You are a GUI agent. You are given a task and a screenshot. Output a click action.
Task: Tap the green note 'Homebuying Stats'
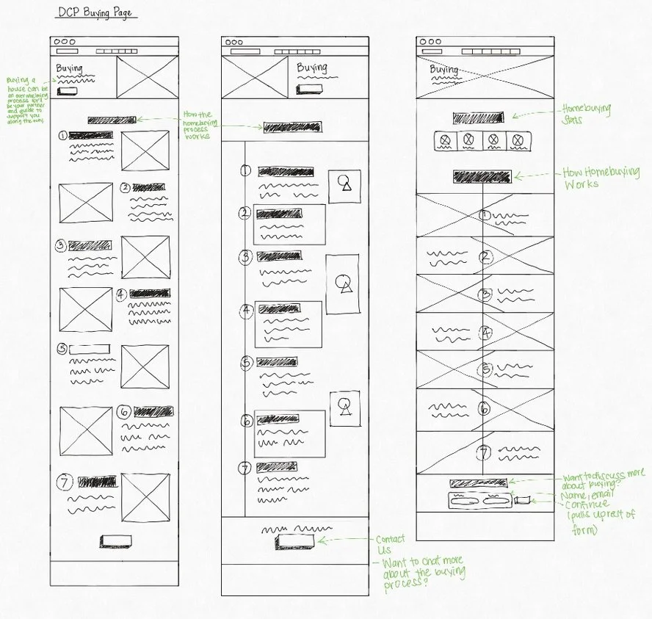pos(584,114)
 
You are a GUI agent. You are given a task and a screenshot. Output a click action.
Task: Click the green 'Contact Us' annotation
pos(390,544)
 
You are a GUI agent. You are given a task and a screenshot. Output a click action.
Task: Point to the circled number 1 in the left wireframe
pos(63,135)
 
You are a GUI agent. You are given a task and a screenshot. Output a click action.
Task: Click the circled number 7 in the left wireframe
pos(64,482)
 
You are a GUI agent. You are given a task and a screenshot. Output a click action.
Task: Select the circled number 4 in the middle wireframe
pos(246,310)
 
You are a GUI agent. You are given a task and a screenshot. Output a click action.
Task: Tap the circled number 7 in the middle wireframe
pos(246,467)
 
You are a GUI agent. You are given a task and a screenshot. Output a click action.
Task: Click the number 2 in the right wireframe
pos(485,257)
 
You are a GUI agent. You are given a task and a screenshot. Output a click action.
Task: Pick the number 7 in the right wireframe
pos(485,452)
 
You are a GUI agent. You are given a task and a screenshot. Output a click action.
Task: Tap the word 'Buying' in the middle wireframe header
pos(311,68)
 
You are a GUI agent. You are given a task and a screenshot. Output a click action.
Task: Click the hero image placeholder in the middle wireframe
pos(254,76)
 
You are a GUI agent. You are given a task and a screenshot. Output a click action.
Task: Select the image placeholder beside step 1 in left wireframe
pos(145,151)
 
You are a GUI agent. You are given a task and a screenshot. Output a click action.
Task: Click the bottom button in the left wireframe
pos(116,541)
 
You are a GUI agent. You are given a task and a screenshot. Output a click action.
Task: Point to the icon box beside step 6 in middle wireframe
pos(344,408)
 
